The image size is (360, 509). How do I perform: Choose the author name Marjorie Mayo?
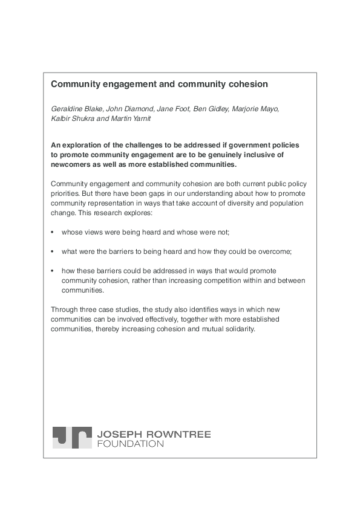coord(254,109)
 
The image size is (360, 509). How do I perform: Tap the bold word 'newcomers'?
coord(73,164)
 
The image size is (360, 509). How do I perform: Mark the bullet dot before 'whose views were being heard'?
coord(53,232)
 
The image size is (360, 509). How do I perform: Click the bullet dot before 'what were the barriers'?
coord(53,251)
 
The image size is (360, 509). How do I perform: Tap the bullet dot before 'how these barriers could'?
coord(53,271)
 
